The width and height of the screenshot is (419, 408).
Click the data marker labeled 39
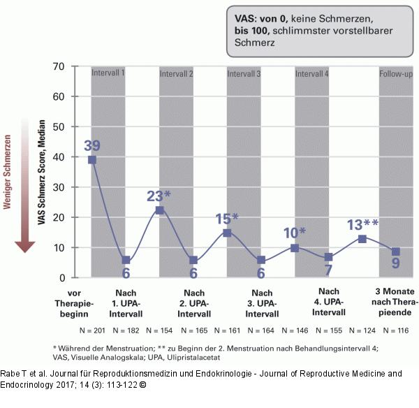point(92,160)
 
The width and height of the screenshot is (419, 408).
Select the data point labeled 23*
point(160,210)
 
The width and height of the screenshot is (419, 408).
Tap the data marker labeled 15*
point(227,233)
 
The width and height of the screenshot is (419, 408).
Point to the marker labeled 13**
point(362,239)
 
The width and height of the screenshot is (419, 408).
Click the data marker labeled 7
point(328,257)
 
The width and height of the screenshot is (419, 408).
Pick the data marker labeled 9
point(395,252)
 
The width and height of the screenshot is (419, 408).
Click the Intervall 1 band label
point(109,73)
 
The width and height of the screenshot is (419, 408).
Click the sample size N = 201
point(93,329)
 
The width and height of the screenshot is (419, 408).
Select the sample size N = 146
point(295,329)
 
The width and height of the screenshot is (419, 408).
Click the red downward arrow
point(25,189)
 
